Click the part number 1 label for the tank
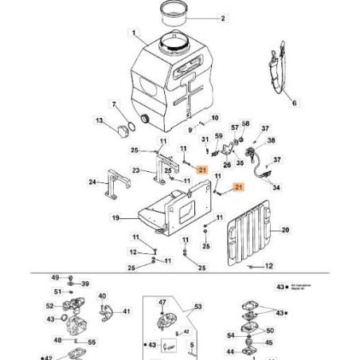pyautogui.click(x=135, y=34)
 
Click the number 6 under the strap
pyautogui.click(x=292, y=104)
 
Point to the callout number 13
pyautogui.click(x=100, y=120)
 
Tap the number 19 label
pyautogui.click(x=115, y=217)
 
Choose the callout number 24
pyautogui.click(x=92, y=182)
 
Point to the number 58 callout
pyautogui.click(x=245, y=123)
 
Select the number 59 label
pyautogui.click(x=218, y=136)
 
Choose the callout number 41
pyautogui.click(x=127, y=313)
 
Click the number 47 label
pyautogui.click(x=162, y=303)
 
